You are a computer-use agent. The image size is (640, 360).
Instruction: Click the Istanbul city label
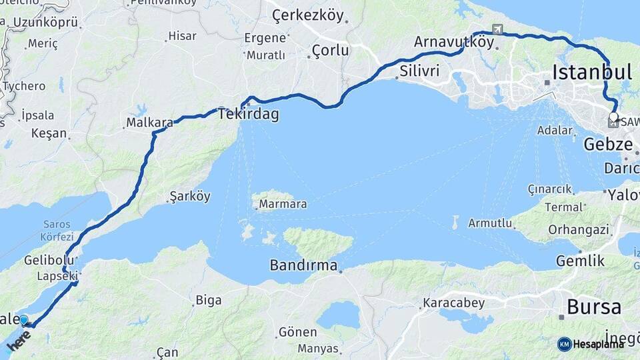(592, 72)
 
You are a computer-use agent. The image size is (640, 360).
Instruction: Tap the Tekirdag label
(248, 115)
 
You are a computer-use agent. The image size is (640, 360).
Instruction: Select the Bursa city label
(594, 307)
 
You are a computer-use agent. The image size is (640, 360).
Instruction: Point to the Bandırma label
(303, 265)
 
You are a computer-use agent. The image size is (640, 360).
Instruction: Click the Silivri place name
(420, 71)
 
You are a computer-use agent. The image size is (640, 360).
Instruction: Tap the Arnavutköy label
(454, 42)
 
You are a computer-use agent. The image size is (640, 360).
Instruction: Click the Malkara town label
(150, 123)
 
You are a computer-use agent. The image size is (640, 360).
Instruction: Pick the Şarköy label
(190, 197)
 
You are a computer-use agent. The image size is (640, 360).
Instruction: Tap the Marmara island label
(283, 204)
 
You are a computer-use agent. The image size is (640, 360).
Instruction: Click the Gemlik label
(581, 261)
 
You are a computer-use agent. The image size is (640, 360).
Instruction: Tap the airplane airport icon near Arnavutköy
(497, 29)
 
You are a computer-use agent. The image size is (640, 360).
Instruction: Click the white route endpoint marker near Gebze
(613, 117)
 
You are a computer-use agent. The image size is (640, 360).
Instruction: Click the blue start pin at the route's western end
(24, 321)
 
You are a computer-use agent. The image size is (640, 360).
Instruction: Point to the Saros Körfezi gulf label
(57, 230)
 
